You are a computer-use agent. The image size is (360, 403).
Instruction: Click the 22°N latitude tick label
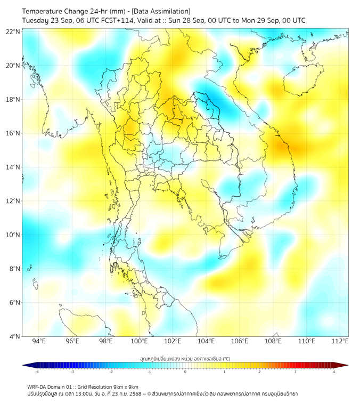click(x=13, y=31)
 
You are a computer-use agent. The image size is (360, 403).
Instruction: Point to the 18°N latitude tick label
click(x=13, y=99)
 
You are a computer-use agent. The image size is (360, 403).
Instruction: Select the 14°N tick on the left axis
click(x=13, y=167)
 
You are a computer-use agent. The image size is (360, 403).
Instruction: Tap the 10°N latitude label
click(x=13, y=235)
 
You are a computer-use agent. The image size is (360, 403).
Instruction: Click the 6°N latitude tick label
click(x=13, y=302)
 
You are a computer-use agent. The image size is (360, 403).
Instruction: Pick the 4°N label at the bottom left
click(x=13, y=336)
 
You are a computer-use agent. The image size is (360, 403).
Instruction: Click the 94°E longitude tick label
click(x=39, y=341)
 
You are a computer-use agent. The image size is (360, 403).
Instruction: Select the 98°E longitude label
click(x=106, y=341)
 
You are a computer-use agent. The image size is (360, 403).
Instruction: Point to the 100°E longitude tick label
click(x=139, y=341)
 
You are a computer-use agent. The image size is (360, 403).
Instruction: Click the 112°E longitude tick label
click(x=340, y=341)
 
